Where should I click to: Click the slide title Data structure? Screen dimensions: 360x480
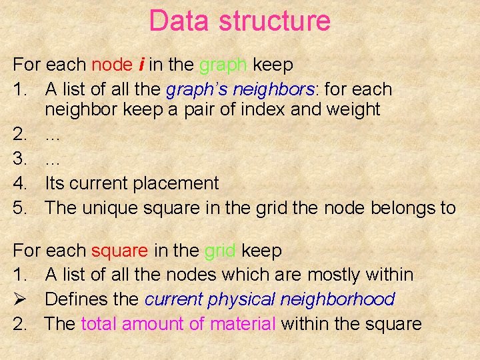(x=239, y=21)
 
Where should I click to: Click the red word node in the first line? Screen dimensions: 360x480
(x=112, y=65)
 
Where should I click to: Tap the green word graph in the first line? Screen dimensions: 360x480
(x=224, y=65)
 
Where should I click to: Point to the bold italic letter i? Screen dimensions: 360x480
(x=141, y=65)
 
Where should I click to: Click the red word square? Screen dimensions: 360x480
(x=119, y=251)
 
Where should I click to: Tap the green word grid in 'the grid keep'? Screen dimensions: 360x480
(x=221, y=251)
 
